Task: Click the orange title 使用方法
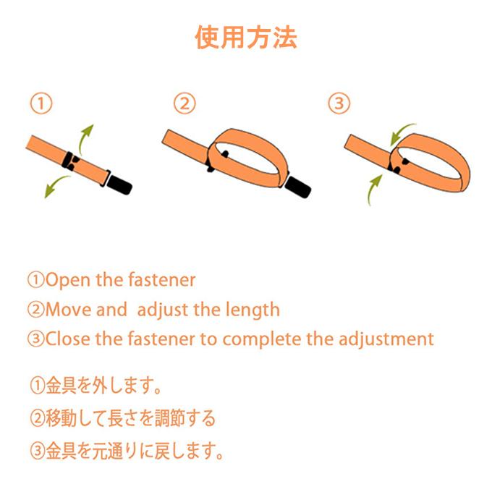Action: click(246, 38)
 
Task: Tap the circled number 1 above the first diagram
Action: click(41, 103)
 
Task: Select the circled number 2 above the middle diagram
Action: click(184, 103)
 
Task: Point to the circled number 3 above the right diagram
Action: click(339, 103)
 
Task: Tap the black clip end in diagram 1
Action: click(119, 184)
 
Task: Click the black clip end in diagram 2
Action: click(299, 187)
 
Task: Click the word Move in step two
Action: click(69, 310)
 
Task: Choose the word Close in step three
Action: click(68, 339)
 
